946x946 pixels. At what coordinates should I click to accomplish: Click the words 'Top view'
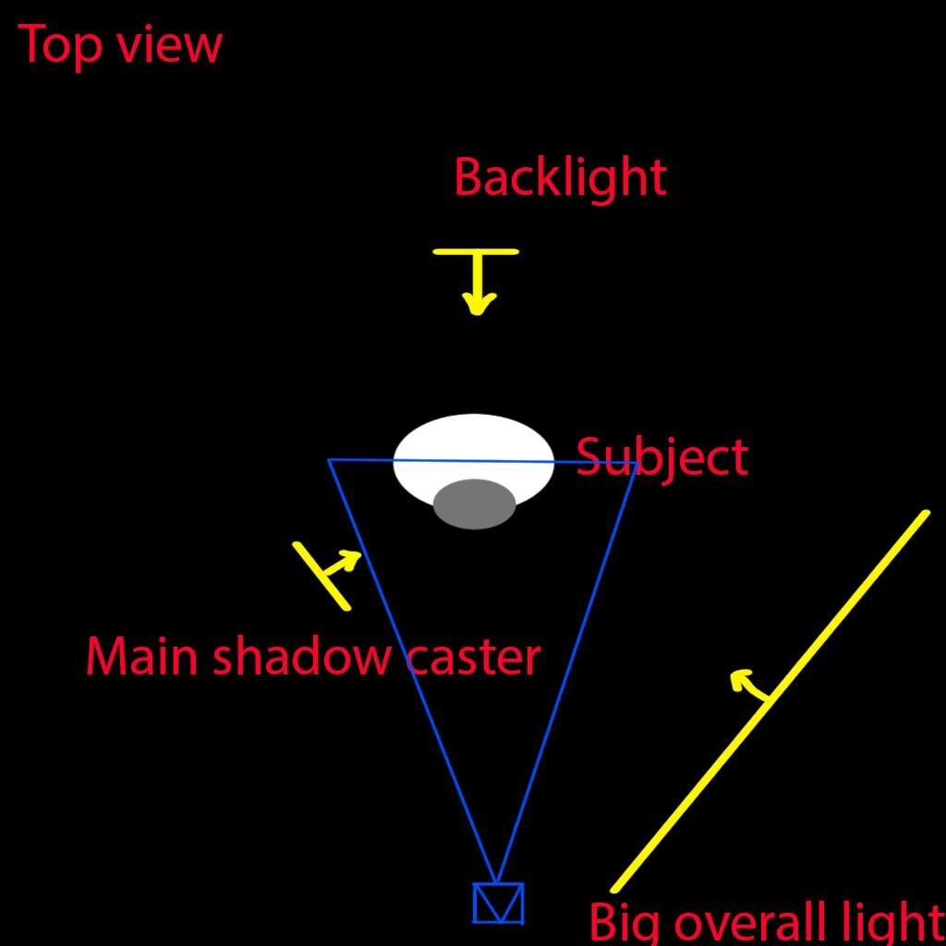click(120, 45)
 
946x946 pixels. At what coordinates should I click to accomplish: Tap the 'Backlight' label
click(561, 178)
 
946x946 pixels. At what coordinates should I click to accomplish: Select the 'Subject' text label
click(662, 458)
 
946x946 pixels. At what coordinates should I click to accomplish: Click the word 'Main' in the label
click(141, 657)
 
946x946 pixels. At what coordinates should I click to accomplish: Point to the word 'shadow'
click(301, 657)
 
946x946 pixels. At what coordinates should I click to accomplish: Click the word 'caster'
click(474, 658)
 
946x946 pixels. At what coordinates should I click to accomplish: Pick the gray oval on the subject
click(474, 504)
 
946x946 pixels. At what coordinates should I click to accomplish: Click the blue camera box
click(498, 904)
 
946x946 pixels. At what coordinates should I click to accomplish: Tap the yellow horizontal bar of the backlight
click(476, 251)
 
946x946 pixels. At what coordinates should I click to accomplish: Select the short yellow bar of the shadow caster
click(321, 576)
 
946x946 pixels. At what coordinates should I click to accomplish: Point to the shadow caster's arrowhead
click(350, 559)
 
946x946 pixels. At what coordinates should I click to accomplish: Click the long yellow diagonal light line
click(770, 701)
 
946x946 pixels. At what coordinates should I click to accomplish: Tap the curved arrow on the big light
click(748, 685)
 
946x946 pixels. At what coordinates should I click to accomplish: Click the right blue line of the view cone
click(566, 673)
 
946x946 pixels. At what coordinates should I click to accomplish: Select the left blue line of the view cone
click(412, 672)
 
